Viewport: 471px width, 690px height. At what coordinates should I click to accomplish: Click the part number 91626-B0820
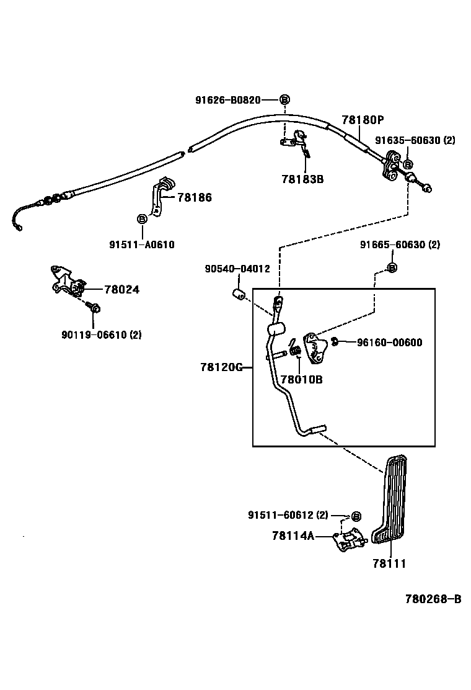(227, 99)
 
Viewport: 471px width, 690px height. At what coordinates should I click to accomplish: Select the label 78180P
(363, 120)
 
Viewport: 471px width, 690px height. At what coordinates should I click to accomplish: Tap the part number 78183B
(302, 179)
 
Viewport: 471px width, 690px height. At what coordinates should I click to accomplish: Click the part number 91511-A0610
(142, 244)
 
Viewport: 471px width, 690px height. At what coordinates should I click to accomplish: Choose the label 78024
(121, 289)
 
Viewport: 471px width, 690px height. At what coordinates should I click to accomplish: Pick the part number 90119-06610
(101, 334)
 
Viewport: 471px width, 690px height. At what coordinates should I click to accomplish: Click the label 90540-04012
(237, 269)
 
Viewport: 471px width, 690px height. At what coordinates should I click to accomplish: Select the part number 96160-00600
(389, 342)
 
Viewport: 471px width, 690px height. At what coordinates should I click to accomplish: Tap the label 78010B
(301, 379)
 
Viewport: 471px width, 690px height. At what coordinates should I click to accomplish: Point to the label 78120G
(221, 367)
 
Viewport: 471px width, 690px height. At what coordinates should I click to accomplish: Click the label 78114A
(293, 535)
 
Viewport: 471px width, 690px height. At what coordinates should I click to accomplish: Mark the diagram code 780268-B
(433, 599)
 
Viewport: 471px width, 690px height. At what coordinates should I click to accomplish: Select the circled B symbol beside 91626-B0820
(284, 100)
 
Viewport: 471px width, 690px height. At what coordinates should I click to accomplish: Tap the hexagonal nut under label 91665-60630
(391, 267)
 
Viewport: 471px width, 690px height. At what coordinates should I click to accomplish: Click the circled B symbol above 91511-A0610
(141, 219)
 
